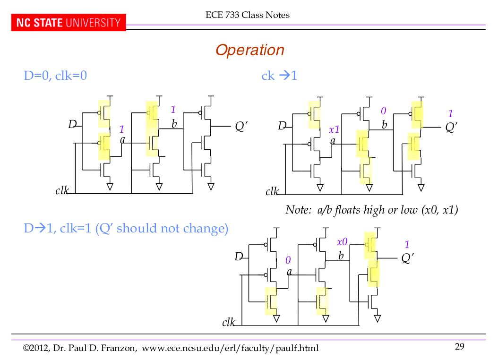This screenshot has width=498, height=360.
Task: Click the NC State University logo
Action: [x=69, y=23]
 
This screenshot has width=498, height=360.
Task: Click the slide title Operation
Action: [x=249, y=50]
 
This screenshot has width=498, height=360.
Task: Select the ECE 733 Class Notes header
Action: [x=248, y=15]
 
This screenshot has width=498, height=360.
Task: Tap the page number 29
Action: [x=460, y=347]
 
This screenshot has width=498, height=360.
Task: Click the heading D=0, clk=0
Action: [x=55, y=76]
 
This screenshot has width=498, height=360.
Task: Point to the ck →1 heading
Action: [x=279, y=76]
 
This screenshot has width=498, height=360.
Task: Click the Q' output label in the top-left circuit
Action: [x=241, y=126]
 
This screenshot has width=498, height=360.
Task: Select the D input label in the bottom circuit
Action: [x=239, y=257]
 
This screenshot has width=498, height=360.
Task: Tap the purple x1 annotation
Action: [x=334, y=129]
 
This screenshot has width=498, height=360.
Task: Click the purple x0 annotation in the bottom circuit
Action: [x=342, y=242]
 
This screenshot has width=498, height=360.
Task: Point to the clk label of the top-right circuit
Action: [x=272, y=191]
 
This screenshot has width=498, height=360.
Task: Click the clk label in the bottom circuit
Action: [x=228, y=322]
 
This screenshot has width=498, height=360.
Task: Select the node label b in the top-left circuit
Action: [x=174, y=124]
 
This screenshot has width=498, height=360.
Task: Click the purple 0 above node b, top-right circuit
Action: [x=384, y=111]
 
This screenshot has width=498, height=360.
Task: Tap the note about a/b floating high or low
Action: [x=371, y=210]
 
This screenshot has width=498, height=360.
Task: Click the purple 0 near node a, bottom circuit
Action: [x=288, y=260]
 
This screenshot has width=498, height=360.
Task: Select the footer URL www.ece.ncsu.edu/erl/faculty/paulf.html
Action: [x=230, y=349]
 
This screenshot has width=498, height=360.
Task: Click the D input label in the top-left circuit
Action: [x=72, y=124]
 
